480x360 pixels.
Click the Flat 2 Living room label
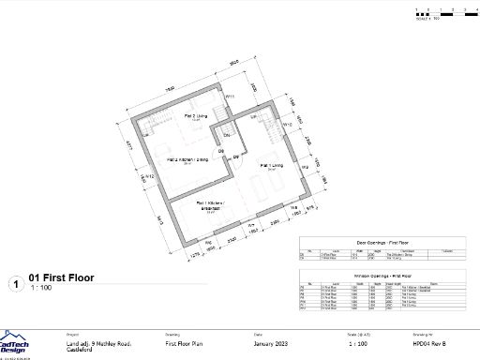tap(195, 117)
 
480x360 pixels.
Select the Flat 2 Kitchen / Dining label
tap(187, 160)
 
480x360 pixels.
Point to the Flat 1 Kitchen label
tap(211, 204)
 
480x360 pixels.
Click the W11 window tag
tap(229, 97)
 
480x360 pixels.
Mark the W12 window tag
tap(148, 176)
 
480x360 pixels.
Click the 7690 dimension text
tap(171, 89)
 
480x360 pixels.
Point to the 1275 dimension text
tap(196, 254)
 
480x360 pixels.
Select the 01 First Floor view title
tap(62, 278)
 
